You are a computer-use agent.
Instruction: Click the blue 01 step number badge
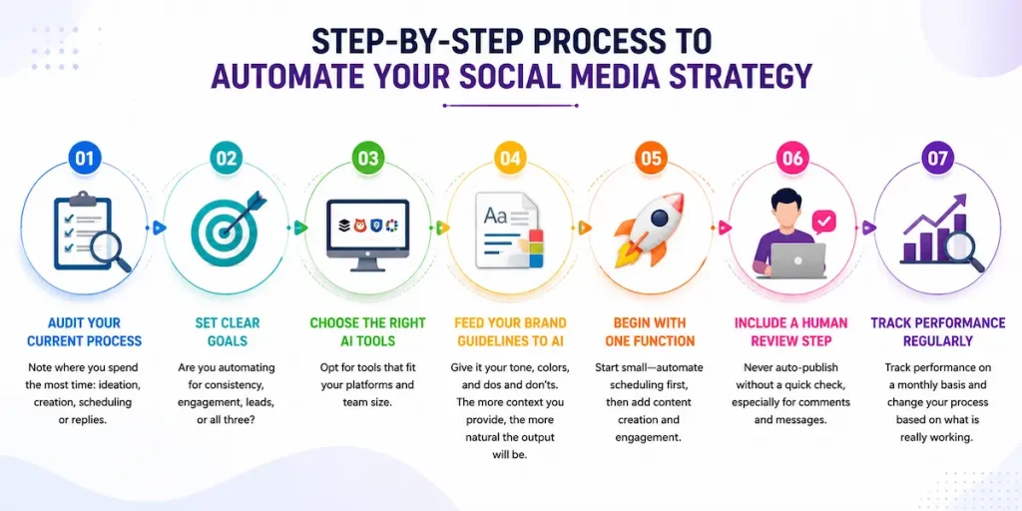tap(85, 159)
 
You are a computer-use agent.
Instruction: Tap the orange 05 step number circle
tap(651, 159)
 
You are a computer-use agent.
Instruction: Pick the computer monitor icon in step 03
tap(367, 235)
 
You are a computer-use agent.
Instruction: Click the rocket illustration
tap(651, 230)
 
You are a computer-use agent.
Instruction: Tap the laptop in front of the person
tap(797, 259)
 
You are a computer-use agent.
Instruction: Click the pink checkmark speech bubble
tap(823, 222)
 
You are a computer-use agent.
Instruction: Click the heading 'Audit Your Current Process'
tap(85, 331)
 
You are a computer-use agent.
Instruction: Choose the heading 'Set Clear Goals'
tap(227, 331)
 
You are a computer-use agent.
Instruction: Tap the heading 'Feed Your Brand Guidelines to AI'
tap(510, 331)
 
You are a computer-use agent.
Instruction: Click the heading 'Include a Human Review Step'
tap(790, 331)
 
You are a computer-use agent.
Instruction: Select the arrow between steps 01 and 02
tap(159, 228)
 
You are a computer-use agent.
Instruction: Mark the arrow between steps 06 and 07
tap(868, 228)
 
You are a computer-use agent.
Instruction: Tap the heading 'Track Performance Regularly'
tap(938, 331)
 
